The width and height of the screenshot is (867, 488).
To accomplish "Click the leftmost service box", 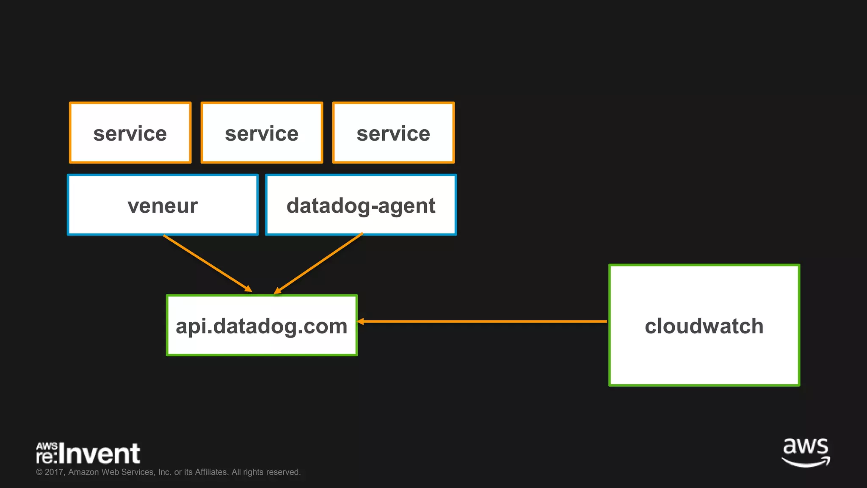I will [130, 133].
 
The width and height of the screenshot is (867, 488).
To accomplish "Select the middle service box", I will [262, 133].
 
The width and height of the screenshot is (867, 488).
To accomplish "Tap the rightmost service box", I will [393, 133].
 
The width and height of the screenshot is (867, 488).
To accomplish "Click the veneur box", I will [163, 205].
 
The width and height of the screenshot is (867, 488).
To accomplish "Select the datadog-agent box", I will [361, 205].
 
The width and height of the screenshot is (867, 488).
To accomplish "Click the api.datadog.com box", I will [262, 325].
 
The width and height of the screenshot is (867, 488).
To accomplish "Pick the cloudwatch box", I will [704, 325].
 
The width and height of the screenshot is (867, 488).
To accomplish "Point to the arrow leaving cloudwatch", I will [483, 322].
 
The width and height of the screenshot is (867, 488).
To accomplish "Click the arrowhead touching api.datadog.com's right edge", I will [361, 322].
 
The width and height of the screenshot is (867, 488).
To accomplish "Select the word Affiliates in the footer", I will [211, 472].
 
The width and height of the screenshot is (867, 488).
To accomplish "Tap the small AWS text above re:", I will [47, 446].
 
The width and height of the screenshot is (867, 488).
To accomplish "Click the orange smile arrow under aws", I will [806, 463].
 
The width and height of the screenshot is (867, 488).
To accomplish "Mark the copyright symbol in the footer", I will [39, 472].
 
